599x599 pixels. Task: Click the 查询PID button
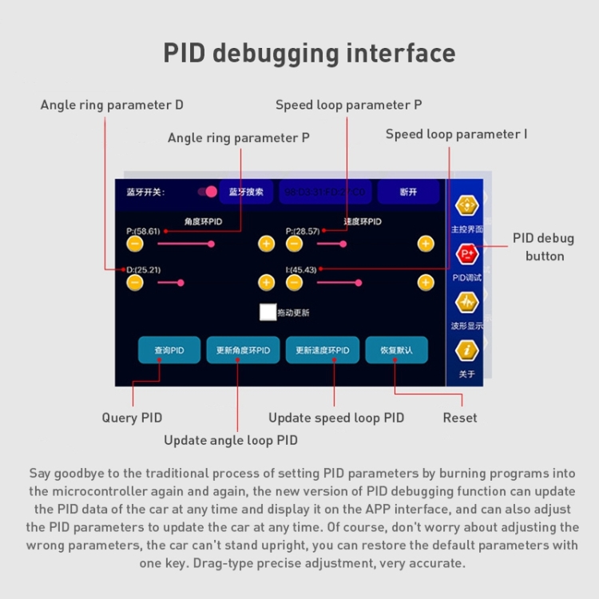click(x=169, y=351)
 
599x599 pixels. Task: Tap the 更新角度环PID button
click(x=243, y=351)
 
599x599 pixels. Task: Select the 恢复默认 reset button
click(x=396, y=351)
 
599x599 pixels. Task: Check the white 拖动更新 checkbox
click(x=268, y=312)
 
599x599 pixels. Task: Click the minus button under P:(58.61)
click(x=135, y=243)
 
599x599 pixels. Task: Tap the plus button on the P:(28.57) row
click(x=426, y=243)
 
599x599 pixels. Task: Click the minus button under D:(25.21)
click(x=135, y=282)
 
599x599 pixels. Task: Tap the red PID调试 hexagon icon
click(x=467, y=254)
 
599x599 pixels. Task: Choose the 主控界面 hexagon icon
click(x=467, y=205)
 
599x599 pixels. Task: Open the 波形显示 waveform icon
click(x=467, y=303)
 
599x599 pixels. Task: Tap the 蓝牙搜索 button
click(x=246, y=192)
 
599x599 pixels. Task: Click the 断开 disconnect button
click(x=408, y=192)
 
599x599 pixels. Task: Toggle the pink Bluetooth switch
click(x=208, y=192)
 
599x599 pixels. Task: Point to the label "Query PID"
click(x=132, y=418)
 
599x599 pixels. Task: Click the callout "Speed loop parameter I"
click(x=456, y=134)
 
